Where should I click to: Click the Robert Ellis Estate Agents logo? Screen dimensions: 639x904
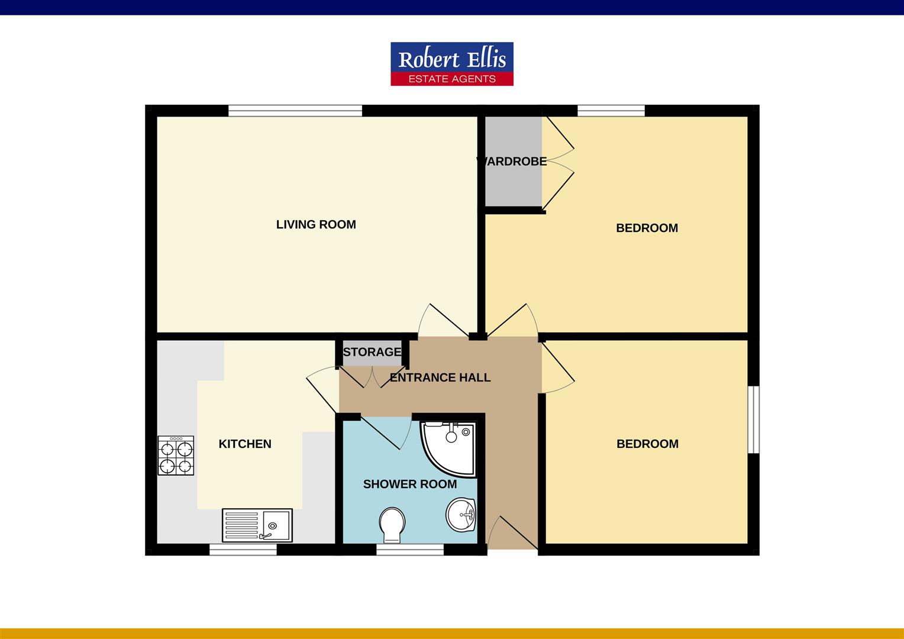point(452,64)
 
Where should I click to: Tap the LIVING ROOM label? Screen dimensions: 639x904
point(316,225)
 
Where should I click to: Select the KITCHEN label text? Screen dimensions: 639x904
point(245,444)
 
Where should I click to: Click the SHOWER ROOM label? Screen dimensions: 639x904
point(409,484)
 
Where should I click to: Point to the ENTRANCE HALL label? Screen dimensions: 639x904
point(440,377)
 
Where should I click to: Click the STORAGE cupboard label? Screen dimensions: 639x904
point(372,352)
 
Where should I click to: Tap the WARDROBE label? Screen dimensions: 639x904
point(512,161)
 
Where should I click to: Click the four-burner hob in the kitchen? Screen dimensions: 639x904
point(176,456)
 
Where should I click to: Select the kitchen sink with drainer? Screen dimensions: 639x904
point(257,525)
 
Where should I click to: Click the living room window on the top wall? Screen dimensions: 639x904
point(295,111)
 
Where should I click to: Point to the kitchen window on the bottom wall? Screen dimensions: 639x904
point(243,550)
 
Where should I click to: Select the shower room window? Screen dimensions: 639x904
point(410,550)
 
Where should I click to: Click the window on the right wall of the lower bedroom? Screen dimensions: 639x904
point(753,420)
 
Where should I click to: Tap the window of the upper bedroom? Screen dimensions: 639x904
point(611,111)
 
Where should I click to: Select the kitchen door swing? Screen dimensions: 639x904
point(322,388)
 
